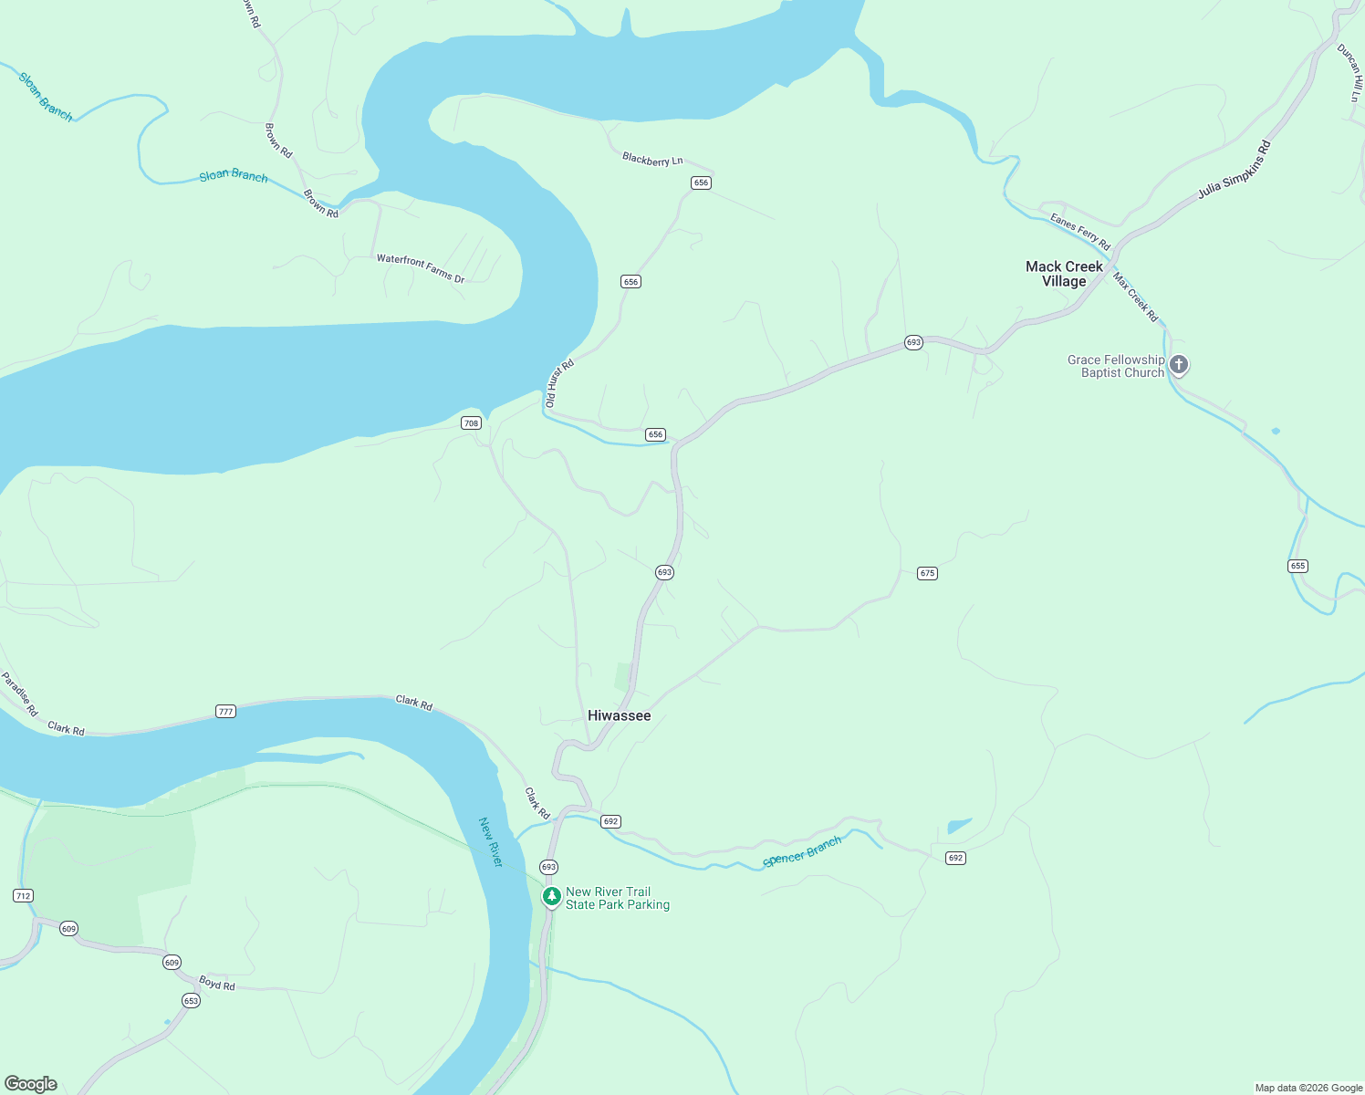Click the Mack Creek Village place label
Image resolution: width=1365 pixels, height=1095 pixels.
pos(1064,274)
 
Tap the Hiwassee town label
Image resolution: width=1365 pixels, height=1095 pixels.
pos(619,715)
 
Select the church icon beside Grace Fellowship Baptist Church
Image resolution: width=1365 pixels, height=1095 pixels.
pos(1179,365)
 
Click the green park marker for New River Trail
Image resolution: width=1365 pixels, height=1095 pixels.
pos(552,897)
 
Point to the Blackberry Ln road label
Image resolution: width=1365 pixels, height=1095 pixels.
pos(652,160)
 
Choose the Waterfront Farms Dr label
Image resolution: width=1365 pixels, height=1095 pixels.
pos(421,268)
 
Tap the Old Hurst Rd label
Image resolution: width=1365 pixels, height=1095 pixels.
pos(559,383)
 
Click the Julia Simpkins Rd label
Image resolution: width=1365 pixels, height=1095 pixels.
pos(1234,171)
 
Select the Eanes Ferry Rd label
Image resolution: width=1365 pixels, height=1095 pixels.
pos(1079,232)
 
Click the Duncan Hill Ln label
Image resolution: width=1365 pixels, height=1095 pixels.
pos(1350,73)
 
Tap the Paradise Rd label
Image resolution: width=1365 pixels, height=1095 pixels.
pos(19,693)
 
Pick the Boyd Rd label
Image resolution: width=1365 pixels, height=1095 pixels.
pos(217,984)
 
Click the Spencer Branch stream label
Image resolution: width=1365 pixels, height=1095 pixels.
pos(802,851)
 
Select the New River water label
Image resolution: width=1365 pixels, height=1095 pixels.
pos(491,841)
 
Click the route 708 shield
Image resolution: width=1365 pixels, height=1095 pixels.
pos(471,422)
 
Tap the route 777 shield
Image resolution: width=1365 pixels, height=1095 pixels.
pos(226,711)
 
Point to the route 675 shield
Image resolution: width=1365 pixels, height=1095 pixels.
pos(927,573)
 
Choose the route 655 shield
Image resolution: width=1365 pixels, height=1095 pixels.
pos(1297,566)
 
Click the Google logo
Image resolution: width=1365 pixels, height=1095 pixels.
pos(31,1084)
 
